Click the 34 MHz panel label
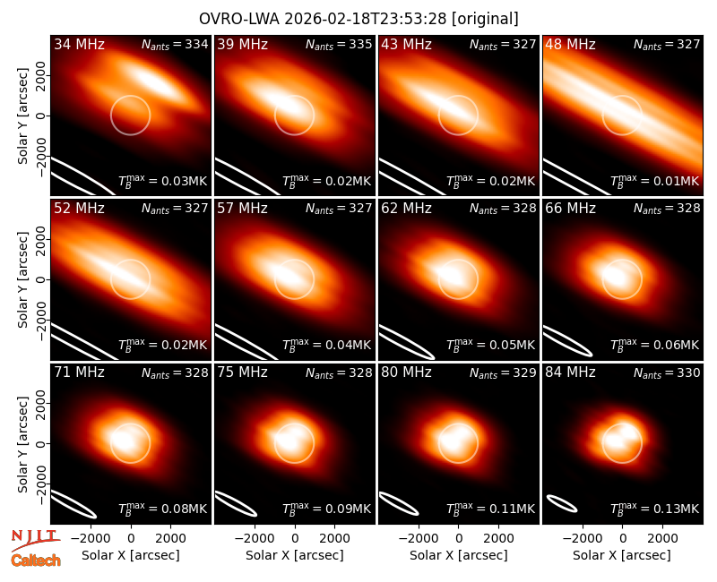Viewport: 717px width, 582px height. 79,44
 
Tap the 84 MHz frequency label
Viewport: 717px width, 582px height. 570,372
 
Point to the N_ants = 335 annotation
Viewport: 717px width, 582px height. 339,44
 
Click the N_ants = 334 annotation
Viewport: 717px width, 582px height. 175,44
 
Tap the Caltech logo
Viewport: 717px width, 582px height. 36,561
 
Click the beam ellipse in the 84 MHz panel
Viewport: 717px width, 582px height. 562,503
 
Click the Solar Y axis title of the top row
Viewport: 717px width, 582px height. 22,116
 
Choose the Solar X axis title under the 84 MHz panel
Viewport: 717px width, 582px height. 622,555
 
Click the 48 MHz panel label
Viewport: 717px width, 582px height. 570,44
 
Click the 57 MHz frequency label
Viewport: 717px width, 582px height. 242,209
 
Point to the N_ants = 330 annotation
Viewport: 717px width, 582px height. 667,372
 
